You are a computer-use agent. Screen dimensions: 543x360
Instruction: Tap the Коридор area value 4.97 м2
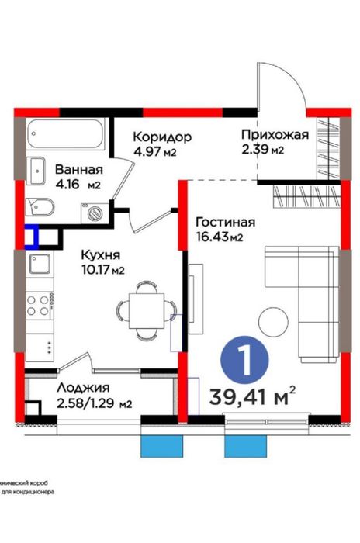[156, 151]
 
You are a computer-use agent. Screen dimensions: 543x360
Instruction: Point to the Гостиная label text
[225, 220]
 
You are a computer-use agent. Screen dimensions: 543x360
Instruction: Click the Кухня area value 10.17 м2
[103, 270]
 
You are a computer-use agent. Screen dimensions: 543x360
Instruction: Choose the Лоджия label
[82, 388]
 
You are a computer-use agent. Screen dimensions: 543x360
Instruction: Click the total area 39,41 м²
[253, 399]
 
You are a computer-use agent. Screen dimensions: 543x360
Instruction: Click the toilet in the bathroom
[39, 206]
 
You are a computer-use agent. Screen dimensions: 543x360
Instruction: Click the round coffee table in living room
[273, 320]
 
